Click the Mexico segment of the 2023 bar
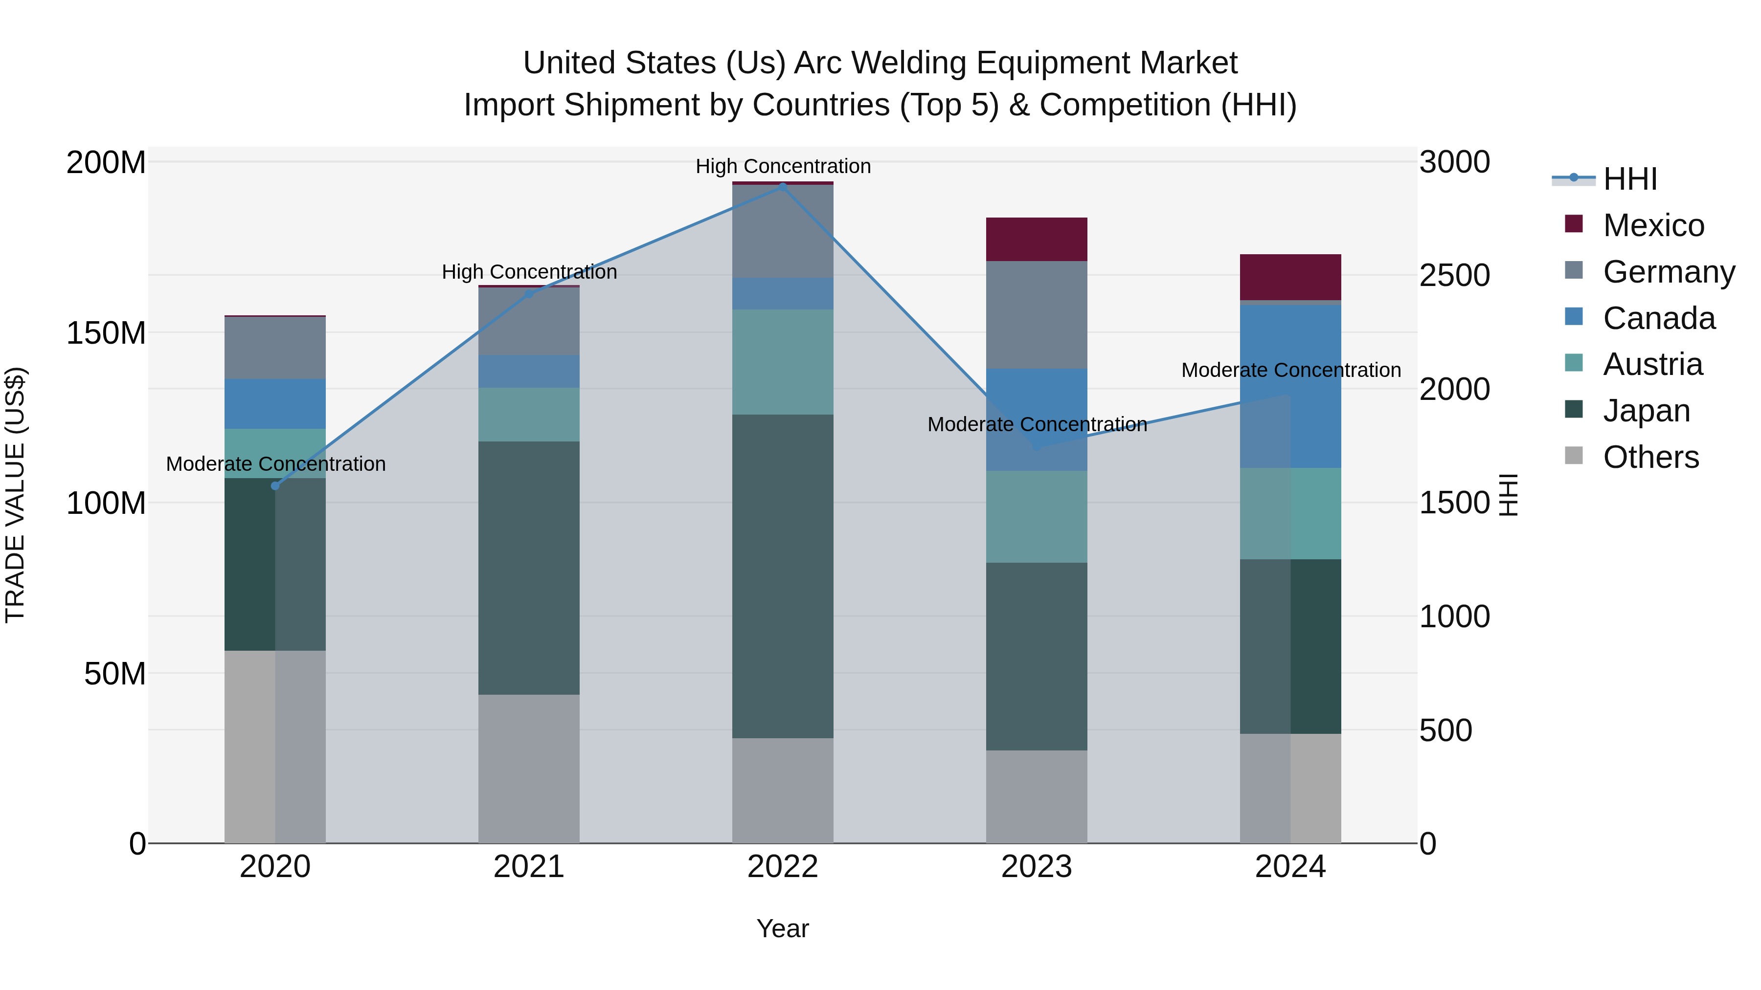1037,239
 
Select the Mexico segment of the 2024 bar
1290,277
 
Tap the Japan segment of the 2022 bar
783,575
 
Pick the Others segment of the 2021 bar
528,768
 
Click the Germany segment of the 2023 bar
1037,314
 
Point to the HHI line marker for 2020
275,486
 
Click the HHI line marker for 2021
528,294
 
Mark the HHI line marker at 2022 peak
783,187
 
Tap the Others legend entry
1650,457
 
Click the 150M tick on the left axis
106,333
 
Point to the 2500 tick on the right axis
1454,275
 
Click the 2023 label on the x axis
1037,867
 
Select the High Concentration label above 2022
783,166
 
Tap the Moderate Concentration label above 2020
275,464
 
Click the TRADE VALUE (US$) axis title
15,495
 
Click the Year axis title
783,928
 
